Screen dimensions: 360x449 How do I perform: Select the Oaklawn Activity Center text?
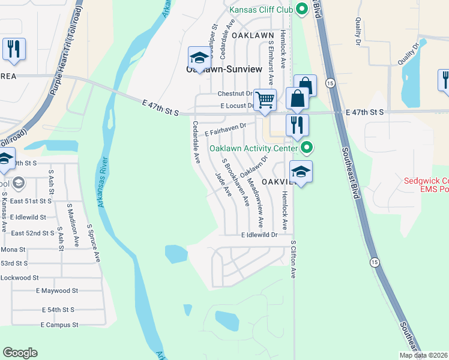(253, 148)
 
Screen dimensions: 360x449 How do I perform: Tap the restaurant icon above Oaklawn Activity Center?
(297, 125)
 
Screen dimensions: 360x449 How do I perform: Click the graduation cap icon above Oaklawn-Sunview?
(199, 58)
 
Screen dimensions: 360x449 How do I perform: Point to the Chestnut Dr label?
(235, 94)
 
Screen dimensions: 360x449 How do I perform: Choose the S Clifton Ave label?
(294, 260)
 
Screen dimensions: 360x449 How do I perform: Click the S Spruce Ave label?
(94, 243)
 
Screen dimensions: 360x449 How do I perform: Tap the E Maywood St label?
(57, 291)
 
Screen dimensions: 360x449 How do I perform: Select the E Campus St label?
(59, 325)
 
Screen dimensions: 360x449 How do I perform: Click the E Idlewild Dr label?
(259, 236)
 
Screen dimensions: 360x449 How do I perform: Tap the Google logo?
(20, 353)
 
